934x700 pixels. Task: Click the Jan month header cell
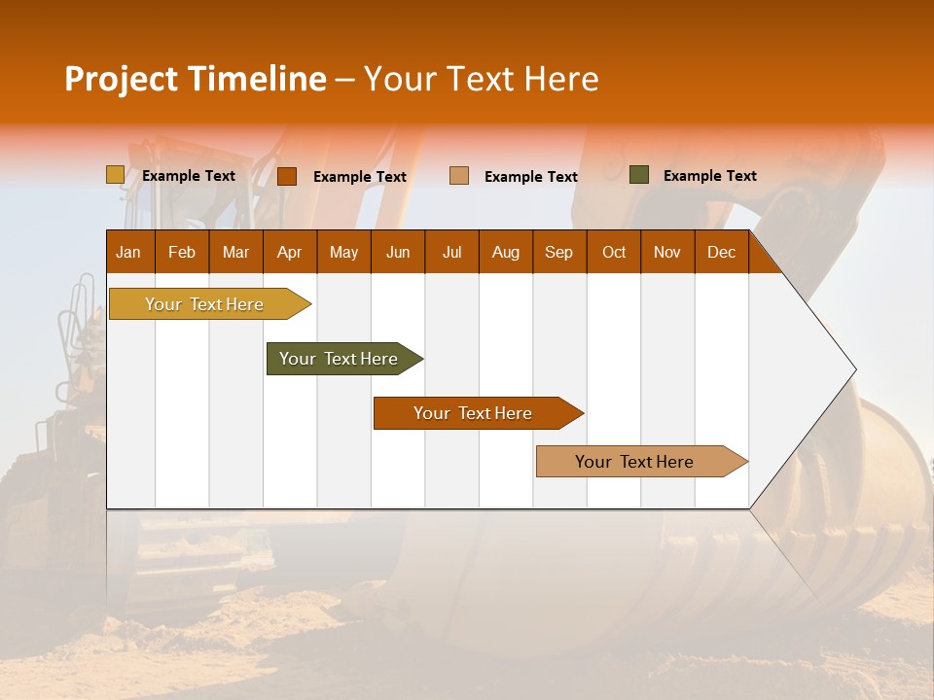pyautogui.click(x=129, y=252)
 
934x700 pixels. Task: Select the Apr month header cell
pyautogui.click(x=290, y=252)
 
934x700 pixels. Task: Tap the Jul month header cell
pyautogui.click(x=451, y=252)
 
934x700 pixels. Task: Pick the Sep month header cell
pyautogui.click(x=559, y=252)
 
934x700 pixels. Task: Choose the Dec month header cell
pyautogui.click(x=721, y=252)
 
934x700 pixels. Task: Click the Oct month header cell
pyautogui.click(x=614, y=252)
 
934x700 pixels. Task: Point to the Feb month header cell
pyautogui.click(x=182, y=252)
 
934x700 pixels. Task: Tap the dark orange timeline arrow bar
pyautogui.click(x=474, y=413)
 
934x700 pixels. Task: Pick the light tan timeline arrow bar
pyautogui.click(x=636, y=462)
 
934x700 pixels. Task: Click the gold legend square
pyautogui.click(x=115, y=175)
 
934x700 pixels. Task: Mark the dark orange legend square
pyautogui.click(x=287, y=176)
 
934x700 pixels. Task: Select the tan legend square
pyautogui.click(x=459, y=176)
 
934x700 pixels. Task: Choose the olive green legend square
pyautogui.click(x=638, y=175)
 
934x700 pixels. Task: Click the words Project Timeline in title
pyautogui.click(x=195, y=79)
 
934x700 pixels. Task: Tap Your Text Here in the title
pyautogui.click(x=482, y=79)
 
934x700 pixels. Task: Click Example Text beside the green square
pyautogui.click(x=709, y=176)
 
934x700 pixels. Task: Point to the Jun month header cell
pyautogui.click(x=398, y=252)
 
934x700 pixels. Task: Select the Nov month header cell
pyautogui.click(x=667, y=252)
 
